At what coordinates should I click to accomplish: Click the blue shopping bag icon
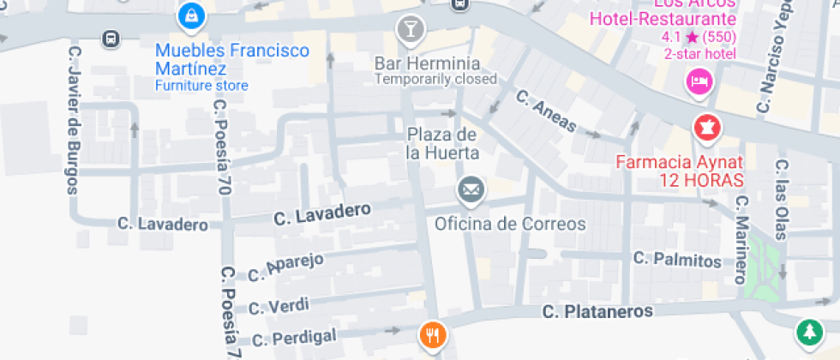pos(189,15)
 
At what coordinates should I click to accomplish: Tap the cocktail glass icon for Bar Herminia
pos(411,30)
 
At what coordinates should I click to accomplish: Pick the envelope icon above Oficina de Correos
pos(470,189)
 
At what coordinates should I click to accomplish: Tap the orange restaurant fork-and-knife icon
pos(432,334)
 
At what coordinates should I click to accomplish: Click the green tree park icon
pos(807,332)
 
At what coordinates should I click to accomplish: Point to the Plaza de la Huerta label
pos(441,144)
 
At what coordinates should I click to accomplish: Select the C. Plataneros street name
pos(597,311)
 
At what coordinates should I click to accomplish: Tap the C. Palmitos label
pos(677,258)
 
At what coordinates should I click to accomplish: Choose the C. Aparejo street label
pos(285,268)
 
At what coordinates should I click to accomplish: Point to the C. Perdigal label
pos(295,337)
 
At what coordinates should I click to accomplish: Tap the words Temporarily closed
pos(435,79)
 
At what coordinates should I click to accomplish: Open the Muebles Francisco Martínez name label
pos(231,59)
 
